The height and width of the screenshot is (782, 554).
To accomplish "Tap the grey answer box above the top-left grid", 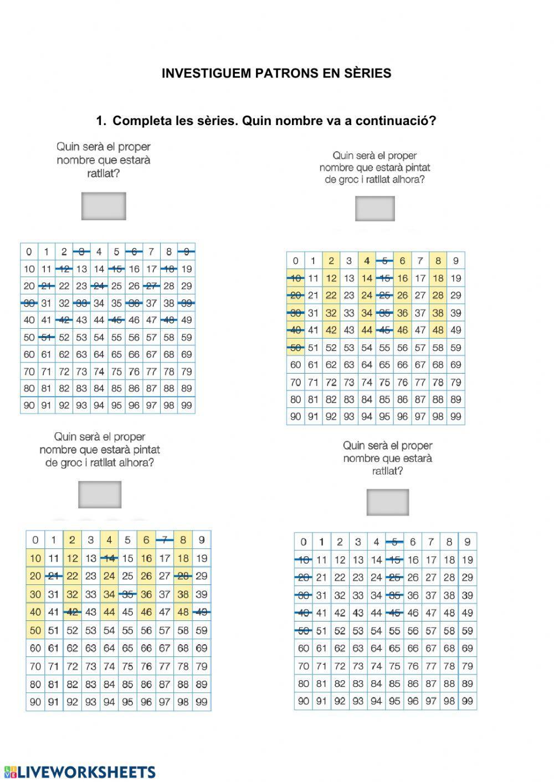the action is point(104,206).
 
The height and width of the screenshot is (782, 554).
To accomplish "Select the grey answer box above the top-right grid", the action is point(375,209).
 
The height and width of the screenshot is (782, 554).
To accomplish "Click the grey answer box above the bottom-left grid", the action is point(100,494).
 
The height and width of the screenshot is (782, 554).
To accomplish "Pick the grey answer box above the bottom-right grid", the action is point(388,502).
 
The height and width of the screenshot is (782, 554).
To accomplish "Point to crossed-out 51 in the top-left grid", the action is point(47,337).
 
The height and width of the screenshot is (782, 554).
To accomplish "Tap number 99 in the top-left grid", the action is point(187,405).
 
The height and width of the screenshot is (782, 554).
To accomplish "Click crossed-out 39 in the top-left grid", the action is point(187,303).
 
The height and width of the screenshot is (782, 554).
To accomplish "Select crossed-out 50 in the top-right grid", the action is point(295,348).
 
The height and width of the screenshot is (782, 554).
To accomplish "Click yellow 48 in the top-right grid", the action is point(438,330).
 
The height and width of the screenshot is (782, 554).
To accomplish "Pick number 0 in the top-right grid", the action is point(295,261).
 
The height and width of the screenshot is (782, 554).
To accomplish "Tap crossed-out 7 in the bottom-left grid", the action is point(165,540).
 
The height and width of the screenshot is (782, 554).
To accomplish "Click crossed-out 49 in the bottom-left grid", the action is point(202,612).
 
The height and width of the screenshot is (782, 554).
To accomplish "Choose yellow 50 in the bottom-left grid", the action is point(35,630).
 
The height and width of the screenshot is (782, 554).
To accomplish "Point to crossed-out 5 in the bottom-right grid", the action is point(394,542).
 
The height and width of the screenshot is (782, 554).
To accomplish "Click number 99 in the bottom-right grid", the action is point(468,701).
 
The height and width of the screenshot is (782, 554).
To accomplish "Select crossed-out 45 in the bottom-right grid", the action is point(394,613).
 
